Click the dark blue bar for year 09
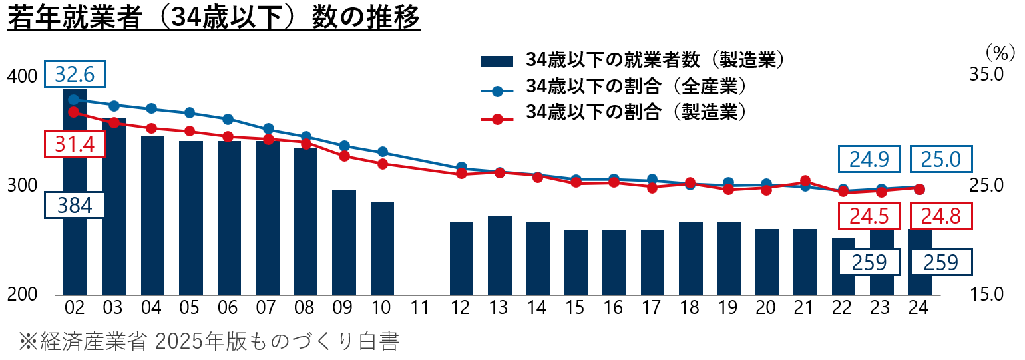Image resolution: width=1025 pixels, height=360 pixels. click(x=343, y=242)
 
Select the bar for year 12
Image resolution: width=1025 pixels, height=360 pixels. click(x=461, y=258)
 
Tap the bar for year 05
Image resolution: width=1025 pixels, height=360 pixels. click(x=191, y=218)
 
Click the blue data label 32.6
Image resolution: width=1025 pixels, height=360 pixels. click(x=75, y=74)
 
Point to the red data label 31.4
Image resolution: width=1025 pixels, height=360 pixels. click(x=75, y=144)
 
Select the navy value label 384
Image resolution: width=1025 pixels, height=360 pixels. click(x=75, y=205)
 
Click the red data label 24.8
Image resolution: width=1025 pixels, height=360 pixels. click(x=941, y=216)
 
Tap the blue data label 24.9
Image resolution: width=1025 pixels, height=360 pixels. click(x=869, y=159)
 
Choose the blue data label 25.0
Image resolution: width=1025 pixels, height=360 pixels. click(x=941, y=159)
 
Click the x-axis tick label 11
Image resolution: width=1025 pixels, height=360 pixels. click(x=419, y=308)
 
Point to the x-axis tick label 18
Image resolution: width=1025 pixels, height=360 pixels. click(x=690, y=308)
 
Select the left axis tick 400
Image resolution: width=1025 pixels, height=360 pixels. click(x=22, y=76)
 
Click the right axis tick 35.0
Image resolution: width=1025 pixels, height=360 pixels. click(x=986, y=74)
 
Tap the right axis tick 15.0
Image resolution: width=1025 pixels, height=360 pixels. click(x=986, y=294)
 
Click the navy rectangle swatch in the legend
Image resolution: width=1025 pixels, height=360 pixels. click(x=497, y=61)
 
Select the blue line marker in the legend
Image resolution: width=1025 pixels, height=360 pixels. click(x=497, y=91)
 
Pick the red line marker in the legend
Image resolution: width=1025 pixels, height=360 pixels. click(x=497, y=119)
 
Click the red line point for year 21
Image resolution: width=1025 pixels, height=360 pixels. click(x=805, y=181)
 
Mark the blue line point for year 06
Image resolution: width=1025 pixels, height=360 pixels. click(x=228, y=120)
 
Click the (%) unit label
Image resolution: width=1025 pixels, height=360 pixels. click(x=1000, y=54)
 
